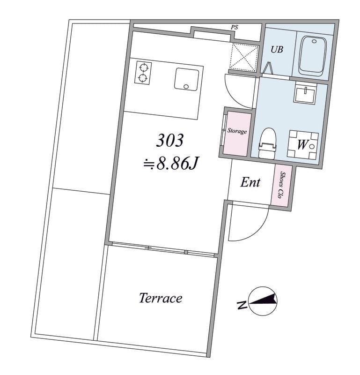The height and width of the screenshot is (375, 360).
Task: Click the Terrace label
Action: pos(161,298)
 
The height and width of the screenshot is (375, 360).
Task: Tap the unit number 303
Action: pos(170,140)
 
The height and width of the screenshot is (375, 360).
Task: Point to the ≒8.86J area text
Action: pos(171,164)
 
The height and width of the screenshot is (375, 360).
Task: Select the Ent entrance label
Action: pos(250,182)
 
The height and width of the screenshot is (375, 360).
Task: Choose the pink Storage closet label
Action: pos(237,131)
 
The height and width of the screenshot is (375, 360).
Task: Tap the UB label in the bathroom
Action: pos(277,49)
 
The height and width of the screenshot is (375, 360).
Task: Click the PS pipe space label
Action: pos(235,27)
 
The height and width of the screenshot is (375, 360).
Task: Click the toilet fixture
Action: pos(267,143)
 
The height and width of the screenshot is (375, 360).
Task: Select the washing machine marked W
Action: pos(303,145)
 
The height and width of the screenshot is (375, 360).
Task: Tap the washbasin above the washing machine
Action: pos(305,92)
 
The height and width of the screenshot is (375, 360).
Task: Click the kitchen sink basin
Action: pos(187,79)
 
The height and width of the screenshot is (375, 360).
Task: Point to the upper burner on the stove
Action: pos(144,67)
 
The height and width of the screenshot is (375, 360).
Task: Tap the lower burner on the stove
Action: pos(143,78)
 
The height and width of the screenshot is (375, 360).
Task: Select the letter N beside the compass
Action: pos(242,305)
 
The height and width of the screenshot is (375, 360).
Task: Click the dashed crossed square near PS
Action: pos(244,57)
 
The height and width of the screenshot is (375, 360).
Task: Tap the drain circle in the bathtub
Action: pos(315,41)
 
